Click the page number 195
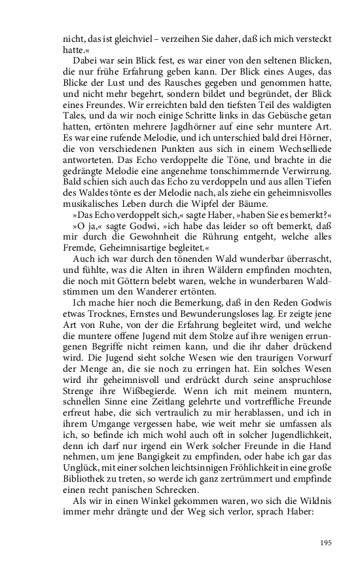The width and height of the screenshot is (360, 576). pyautogui.click(x=326, y=543)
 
